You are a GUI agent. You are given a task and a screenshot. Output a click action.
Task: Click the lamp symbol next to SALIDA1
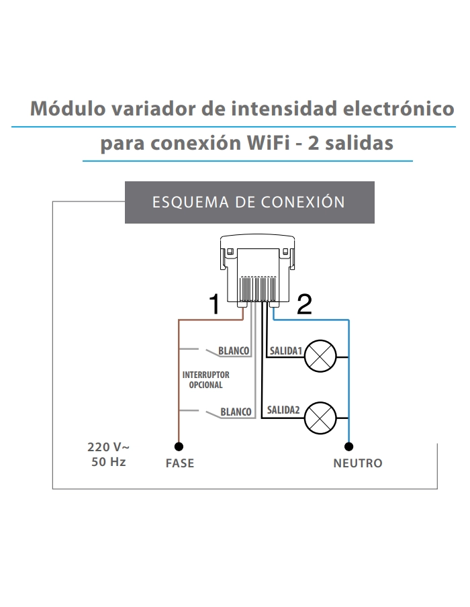click(320, 356)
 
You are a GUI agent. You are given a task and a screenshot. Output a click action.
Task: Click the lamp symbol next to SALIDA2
click(320, 418)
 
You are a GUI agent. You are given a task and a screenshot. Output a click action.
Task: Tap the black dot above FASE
click(179, 447)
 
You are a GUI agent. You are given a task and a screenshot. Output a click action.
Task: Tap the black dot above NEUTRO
click(349, 447)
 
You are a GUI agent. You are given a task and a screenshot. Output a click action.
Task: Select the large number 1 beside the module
click(214, 304)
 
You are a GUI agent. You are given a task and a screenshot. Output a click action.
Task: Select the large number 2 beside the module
click(304, 304)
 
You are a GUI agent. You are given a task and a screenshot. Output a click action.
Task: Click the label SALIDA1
click(286, 351)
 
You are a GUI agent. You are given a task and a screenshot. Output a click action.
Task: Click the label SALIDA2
click(283, 410)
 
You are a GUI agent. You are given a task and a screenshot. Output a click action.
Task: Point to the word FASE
click(180, 463)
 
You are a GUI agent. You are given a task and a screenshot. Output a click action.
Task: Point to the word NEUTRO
click(358, 463)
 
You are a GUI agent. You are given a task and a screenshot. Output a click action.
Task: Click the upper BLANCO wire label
click(234, 351)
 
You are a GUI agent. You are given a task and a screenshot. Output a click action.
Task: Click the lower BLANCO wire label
click(236, 412)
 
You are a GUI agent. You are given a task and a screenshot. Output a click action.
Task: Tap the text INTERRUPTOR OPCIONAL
click(206, 380)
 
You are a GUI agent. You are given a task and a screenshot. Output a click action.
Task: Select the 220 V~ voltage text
click(108, 447)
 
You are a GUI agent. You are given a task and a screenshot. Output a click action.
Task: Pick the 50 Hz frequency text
click(108, 462)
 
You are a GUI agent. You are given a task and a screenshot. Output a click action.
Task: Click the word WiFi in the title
click(269, 143)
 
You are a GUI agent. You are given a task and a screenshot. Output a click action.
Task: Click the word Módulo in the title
click(68, 108)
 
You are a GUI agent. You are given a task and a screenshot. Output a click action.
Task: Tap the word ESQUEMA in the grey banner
click(191, 202)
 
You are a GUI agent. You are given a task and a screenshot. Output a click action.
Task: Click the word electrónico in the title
click(399, 108)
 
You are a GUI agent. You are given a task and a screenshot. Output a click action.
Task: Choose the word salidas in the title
click(359, 143)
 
